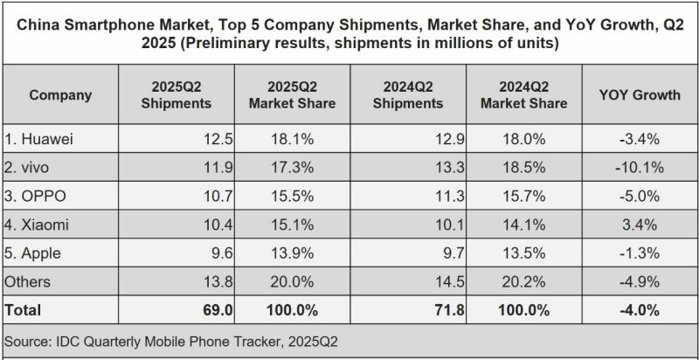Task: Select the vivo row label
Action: (x=31, y=167)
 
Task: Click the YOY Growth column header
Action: (x=640, y=95)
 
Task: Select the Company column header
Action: (x=60, y=95)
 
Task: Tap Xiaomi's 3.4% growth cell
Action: (x=641, y=224)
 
